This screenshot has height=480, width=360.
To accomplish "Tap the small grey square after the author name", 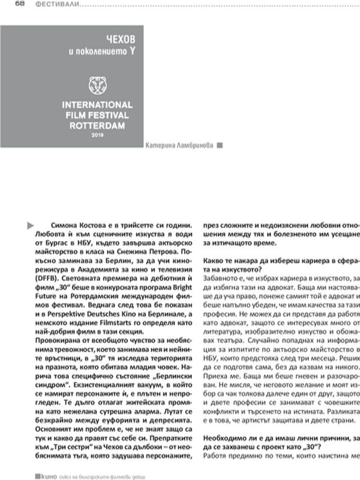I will tap(220, 145).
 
